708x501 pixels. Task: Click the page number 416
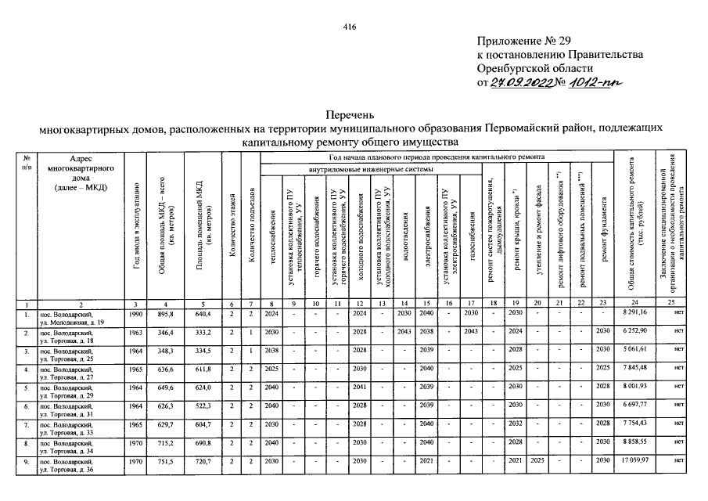[x=350, y=27]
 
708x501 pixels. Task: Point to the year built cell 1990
[x=136, y=313]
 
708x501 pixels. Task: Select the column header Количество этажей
[x=232, y=231]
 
